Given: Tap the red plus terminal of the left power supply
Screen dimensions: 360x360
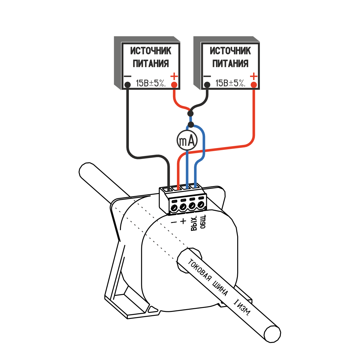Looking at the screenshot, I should click(x=175, y=84).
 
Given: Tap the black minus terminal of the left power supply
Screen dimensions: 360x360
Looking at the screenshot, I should click(x=128, y=85).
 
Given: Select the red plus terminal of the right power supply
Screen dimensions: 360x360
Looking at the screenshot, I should click(x=254, y=84).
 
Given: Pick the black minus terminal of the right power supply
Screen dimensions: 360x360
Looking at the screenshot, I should click(x=207, y=84).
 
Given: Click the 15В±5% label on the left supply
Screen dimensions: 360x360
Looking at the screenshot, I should click(x=151, y=83).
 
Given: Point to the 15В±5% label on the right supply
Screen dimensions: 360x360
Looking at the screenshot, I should click(x=230, y=83).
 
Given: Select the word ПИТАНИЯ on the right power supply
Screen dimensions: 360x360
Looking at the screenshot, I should click(x=231, y=64).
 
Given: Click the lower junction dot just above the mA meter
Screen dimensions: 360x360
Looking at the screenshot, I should click(x=191, y=124).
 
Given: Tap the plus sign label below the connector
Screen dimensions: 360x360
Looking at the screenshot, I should click(x=183, y=221).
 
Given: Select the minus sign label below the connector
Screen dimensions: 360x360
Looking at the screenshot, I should click(x=174, y=222).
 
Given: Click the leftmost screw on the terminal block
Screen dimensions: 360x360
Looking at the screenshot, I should click(x=174, y=208).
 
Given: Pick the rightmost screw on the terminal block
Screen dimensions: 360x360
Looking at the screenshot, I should click(x=200, y=204).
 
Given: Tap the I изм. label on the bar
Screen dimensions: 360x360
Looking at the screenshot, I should click(x=242, y=308).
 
